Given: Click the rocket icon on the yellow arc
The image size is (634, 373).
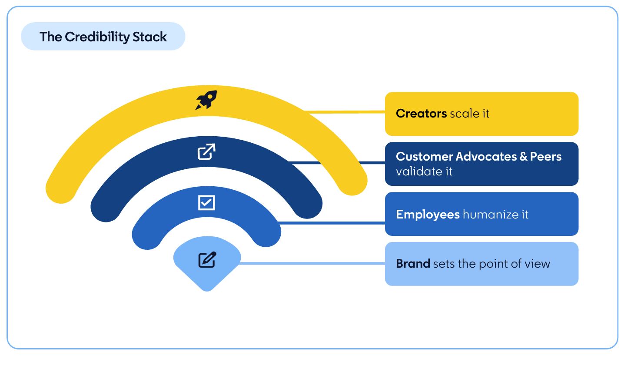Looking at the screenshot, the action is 206,100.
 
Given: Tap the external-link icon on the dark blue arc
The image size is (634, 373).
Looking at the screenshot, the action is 206,151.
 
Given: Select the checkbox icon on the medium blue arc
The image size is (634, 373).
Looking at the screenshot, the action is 206,203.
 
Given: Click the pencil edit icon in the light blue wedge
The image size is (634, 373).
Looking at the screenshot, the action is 207,260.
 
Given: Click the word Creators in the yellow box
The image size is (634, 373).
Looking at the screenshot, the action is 421,114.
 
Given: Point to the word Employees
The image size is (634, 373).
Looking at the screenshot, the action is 428,215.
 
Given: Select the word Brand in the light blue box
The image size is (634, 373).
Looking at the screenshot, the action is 413,264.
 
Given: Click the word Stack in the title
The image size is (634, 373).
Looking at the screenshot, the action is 150,37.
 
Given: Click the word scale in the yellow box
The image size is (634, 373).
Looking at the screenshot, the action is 462,114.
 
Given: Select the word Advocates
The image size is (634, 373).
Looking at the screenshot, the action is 486,157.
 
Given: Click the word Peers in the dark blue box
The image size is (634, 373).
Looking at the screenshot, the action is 546,157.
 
